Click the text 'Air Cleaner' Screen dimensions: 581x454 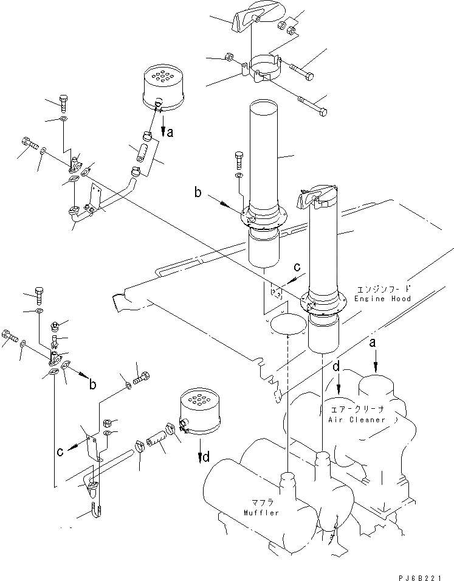tap(356, 420)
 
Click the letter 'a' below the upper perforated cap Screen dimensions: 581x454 tap(170, 132)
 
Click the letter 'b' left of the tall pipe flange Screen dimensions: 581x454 tap(198, 193)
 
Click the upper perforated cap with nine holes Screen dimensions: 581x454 tap(161, 89)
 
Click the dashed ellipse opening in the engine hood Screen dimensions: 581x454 tap(286, 325)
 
